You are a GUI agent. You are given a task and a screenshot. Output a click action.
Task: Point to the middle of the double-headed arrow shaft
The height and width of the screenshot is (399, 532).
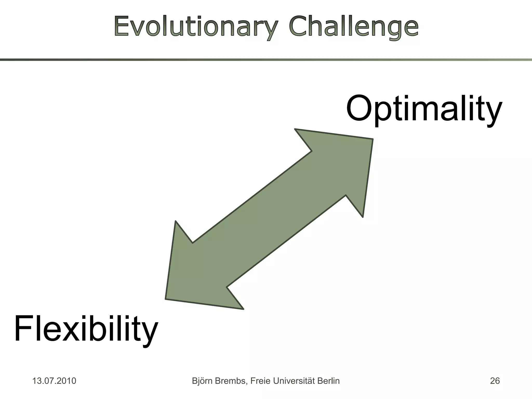pyautogui.click(x=269, y=219)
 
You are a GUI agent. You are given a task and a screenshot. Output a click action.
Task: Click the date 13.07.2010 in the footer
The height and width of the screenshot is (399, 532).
pyautogui.click(x=54, y=381)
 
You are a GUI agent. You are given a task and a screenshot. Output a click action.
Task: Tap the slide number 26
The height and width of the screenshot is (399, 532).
pyautogui.click(x=495, y=381)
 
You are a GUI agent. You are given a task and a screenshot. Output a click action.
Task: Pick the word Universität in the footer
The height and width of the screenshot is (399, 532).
pyautogui.click(x=294, y=381)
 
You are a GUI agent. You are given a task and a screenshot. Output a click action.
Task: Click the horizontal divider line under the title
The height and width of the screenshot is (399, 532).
pyautogui.click(x=266, y=60)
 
